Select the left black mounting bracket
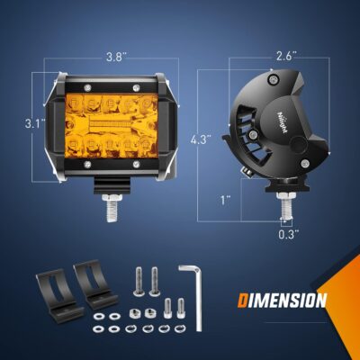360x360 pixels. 50,290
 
